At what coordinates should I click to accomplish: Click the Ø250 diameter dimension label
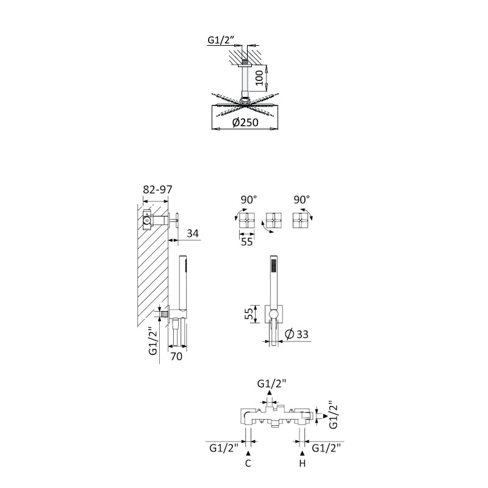(245, 123)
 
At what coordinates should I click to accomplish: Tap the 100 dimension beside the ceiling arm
(259, 78)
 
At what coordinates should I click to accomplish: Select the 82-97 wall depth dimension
(157, 189)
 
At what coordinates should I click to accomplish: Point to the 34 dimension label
(193, 233)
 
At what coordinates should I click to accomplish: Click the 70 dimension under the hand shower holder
(176, 356)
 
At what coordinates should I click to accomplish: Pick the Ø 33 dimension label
(296, 334)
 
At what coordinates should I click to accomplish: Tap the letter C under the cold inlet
(248, 464)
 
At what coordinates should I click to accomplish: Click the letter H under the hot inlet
(302, 464)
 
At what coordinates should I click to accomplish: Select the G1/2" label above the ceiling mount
(221, 40)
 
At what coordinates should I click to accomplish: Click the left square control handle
(247, 221)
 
